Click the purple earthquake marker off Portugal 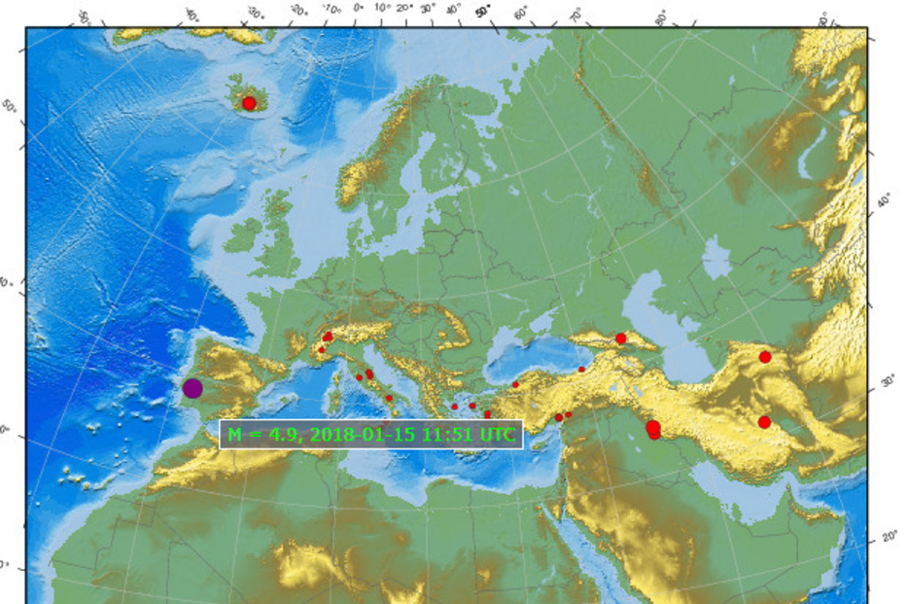[192, 389]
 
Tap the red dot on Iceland [249, 103]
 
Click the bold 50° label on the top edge [483, 12]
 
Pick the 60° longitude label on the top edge [522, 15]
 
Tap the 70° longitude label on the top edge [575, 16]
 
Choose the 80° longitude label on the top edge [662, 18]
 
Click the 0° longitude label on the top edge [358, 8]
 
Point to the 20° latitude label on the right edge [889, 537]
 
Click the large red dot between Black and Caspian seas [621, 338]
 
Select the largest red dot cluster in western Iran [653, 428]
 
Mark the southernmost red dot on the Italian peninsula [389, 398]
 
